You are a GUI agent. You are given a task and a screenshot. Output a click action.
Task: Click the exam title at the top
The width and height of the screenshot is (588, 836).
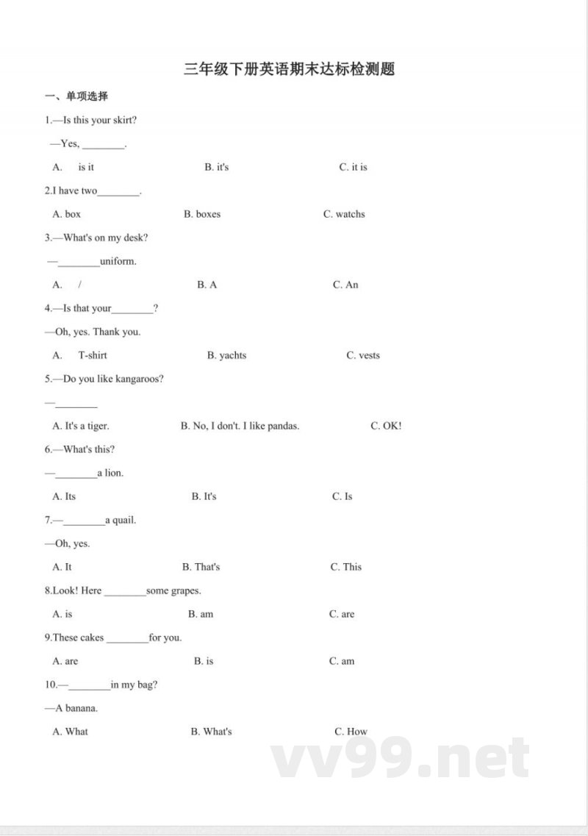(x=290, y=69)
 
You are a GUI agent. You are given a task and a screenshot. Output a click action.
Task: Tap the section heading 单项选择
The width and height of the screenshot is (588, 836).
(x=76, y=96)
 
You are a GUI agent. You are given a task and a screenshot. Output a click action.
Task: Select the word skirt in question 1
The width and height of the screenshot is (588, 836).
(x=123, y=120)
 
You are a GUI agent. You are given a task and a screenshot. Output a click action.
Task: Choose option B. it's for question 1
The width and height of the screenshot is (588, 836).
(x=217, y=167)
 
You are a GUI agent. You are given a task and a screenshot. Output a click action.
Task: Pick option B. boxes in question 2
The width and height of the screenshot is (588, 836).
(x=202, y=214)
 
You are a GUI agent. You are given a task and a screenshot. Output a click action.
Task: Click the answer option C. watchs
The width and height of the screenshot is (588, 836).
(x=344, y=214)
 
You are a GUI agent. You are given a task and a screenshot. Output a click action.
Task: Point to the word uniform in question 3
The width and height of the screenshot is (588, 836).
(x=118, y=261)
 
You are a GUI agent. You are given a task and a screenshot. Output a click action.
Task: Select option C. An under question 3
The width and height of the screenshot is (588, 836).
(x=345, y=285)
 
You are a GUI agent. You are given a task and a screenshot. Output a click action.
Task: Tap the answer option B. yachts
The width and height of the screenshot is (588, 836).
(x=227, y=355)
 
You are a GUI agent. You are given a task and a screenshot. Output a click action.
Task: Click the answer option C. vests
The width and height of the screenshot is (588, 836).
(x=363, y=355)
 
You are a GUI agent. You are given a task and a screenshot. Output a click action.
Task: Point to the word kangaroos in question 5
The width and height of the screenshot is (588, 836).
(x=139, y=379)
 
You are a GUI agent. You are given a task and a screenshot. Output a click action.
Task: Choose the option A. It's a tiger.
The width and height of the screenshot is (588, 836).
(x=81, y=426)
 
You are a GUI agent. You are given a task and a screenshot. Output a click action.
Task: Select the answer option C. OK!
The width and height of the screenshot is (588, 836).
(x=386, y=426)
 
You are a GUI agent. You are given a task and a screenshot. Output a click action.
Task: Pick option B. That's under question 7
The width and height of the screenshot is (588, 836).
(x=201, y=567)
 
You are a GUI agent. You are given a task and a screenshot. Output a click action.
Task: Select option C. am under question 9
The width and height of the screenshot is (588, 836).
(x=342, y=661)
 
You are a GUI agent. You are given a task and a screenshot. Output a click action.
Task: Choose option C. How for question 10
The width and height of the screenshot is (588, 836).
(x=351, y=732)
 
